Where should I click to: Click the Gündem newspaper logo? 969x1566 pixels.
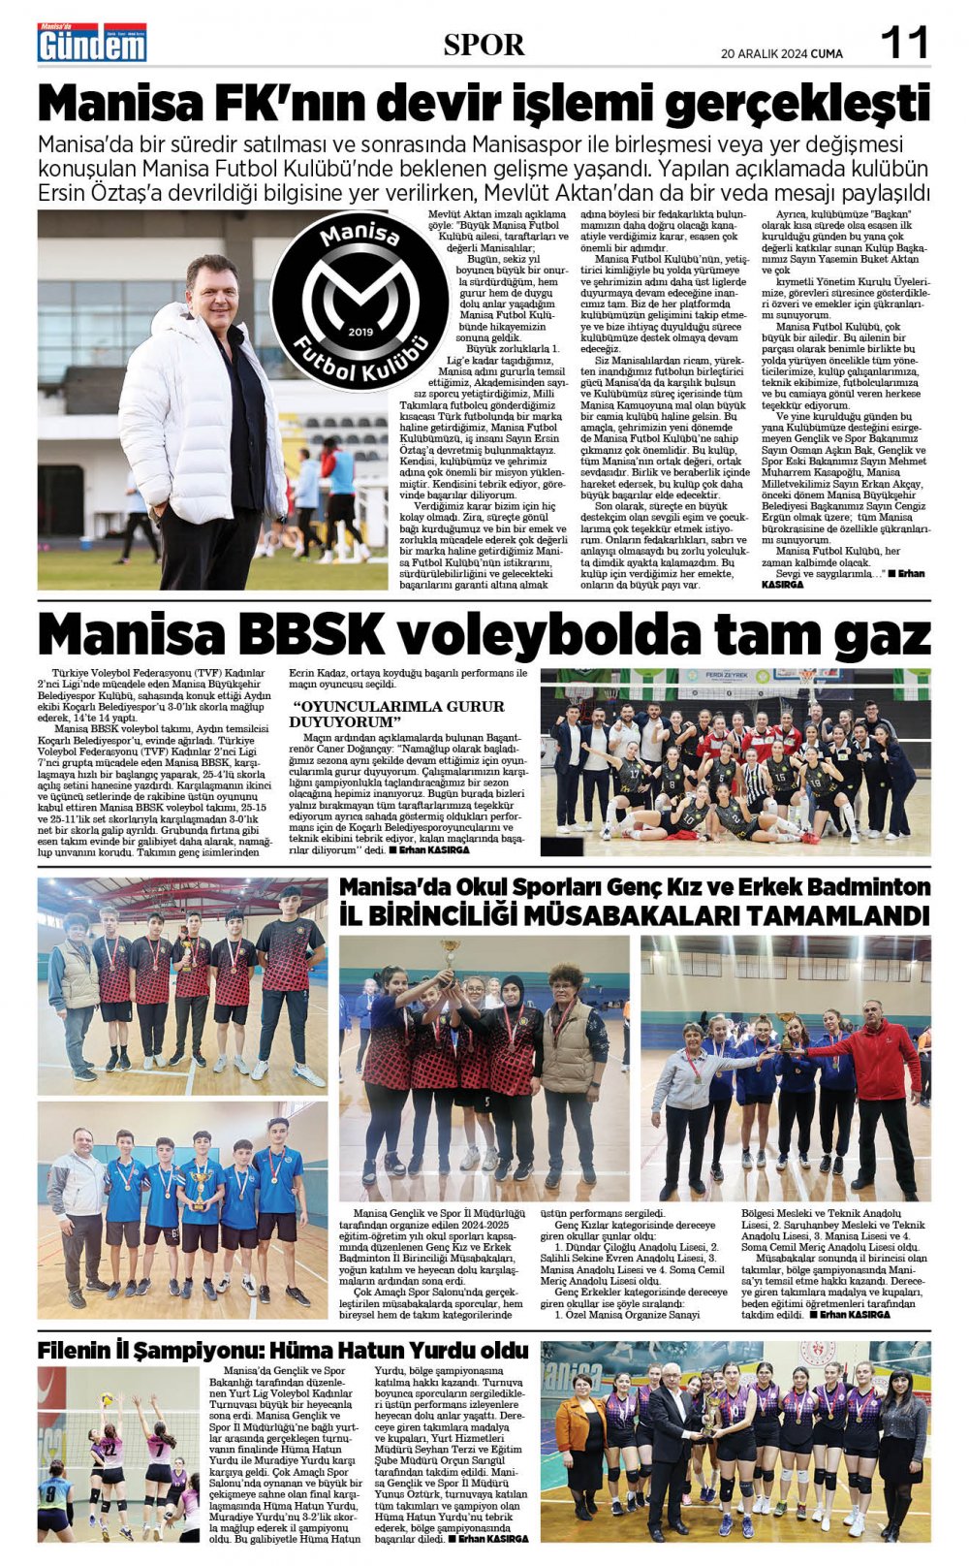[91, 43]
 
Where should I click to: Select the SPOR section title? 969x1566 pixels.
[484, 45]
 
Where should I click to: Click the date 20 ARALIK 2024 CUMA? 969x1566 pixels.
[781, 52]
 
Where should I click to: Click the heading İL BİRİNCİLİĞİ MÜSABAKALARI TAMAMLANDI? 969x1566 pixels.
[634, 914]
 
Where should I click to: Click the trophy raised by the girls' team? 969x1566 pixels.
[449, 959]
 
